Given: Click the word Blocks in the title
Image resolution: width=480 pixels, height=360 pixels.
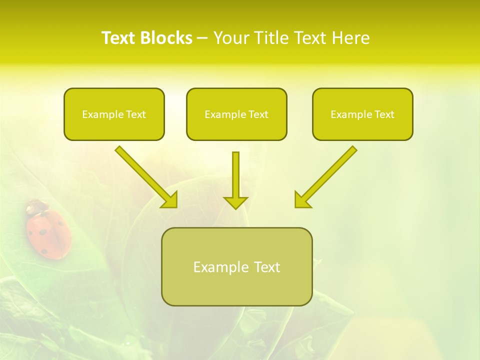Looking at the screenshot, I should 167,38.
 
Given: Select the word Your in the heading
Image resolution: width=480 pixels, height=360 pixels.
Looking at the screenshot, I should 230,38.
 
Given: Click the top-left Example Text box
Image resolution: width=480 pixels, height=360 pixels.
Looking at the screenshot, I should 114,114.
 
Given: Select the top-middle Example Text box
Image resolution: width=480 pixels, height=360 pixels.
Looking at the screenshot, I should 236,114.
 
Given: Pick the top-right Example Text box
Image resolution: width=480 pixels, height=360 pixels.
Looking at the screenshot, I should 362,114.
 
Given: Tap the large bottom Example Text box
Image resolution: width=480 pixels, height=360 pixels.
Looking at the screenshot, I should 236,266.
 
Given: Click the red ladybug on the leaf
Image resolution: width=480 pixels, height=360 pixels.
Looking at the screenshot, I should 48,232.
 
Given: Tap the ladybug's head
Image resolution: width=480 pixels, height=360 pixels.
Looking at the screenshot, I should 35,206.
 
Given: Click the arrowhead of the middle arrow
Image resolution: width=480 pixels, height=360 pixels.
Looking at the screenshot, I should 235,202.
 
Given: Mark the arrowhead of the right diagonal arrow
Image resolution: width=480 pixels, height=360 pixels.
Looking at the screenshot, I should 301,200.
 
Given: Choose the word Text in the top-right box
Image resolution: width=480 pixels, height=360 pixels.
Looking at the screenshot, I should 384,114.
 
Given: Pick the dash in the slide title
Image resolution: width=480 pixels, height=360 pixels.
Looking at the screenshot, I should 202,38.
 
